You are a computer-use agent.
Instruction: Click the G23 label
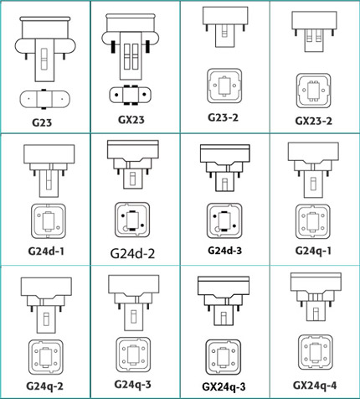[42, 122]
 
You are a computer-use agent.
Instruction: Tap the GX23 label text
[131, 120]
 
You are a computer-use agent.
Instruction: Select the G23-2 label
[224, 117]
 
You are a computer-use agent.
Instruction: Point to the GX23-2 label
[314, 121]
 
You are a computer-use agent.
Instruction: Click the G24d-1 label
[46, 251]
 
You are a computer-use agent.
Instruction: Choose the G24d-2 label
[132, 254]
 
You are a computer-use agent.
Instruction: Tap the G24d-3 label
[224, 251]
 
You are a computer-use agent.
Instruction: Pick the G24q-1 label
[313, 251]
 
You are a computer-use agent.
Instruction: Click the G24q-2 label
[44, 386]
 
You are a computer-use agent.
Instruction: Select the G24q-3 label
[133, 384]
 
